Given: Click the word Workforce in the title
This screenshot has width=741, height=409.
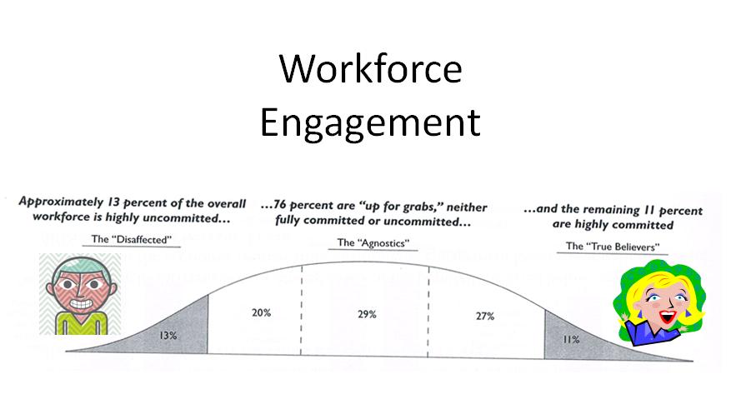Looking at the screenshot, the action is pos(370,68).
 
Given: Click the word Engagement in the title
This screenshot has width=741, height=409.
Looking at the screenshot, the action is pos(370,122).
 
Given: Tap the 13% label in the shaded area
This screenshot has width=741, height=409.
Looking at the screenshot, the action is pos(168,336).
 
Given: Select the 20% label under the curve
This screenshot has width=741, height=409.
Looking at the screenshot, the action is pos(262,312).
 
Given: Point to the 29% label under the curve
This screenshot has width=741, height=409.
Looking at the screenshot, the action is pos(368,314).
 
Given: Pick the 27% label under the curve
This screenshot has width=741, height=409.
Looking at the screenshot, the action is pos(485,316).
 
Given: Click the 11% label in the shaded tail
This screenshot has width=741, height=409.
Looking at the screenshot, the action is pos(571,339).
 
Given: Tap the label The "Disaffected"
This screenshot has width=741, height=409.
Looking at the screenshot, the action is pos(131,239).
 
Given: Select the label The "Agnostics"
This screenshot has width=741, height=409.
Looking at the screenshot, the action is pos(373,242).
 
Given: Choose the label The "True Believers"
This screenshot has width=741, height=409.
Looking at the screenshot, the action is pos(613,246).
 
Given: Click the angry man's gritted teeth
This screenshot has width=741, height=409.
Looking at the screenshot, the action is pos(82,303).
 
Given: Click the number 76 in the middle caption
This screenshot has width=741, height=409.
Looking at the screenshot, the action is pos(280,205).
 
